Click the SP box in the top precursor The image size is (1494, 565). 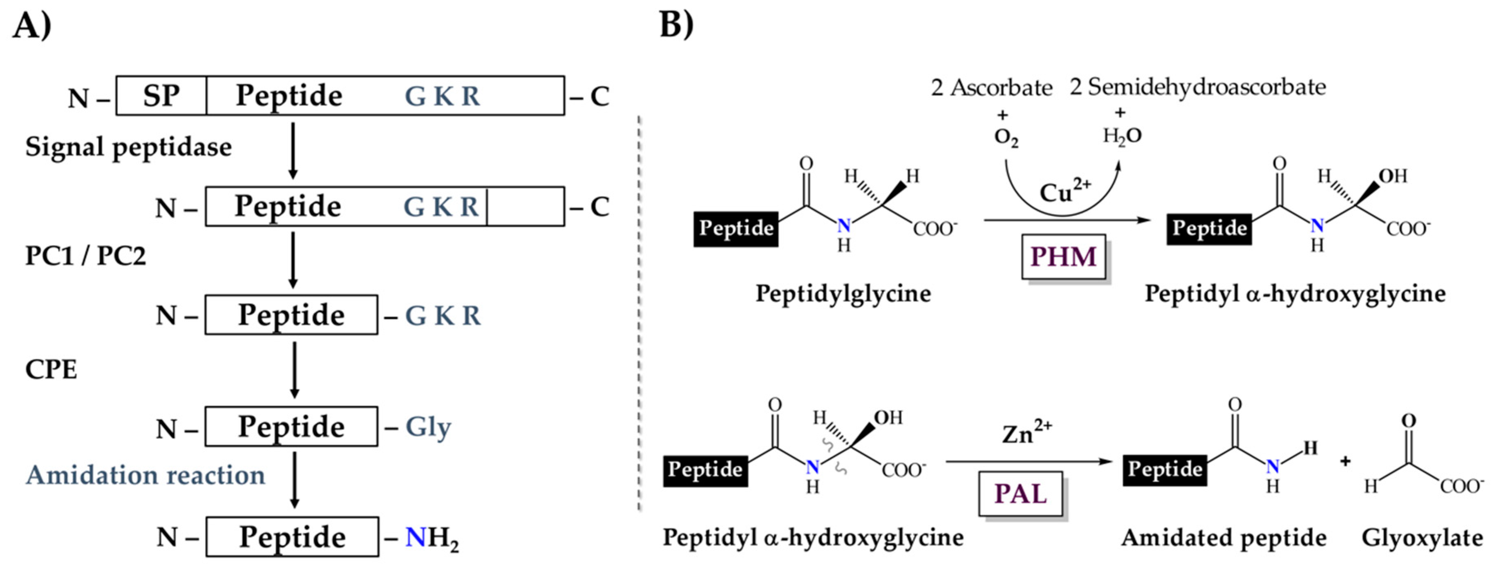[x=161, y=96]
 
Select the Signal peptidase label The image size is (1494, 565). [x=128, y=147]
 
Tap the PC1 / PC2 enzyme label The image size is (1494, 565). [x=85, y=256]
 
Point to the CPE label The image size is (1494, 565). [x=51, y=369]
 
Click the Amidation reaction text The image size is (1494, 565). [x=145, y=475]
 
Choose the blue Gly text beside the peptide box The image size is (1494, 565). [x=428, y=428]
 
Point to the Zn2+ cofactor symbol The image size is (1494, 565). [x=1027, y=433]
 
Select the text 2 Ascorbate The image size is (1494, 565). [x=991, y=87]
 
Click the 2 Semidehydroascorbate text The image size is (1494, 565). [x=1198, y=87]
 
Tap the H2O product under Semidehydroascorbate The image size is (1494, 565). [x=1122, y=136]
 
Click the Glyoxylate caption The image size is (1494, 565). [x=1422, y=538]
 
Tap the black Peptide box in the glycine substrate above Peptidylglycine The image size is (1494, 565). [x=736, y=228]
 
